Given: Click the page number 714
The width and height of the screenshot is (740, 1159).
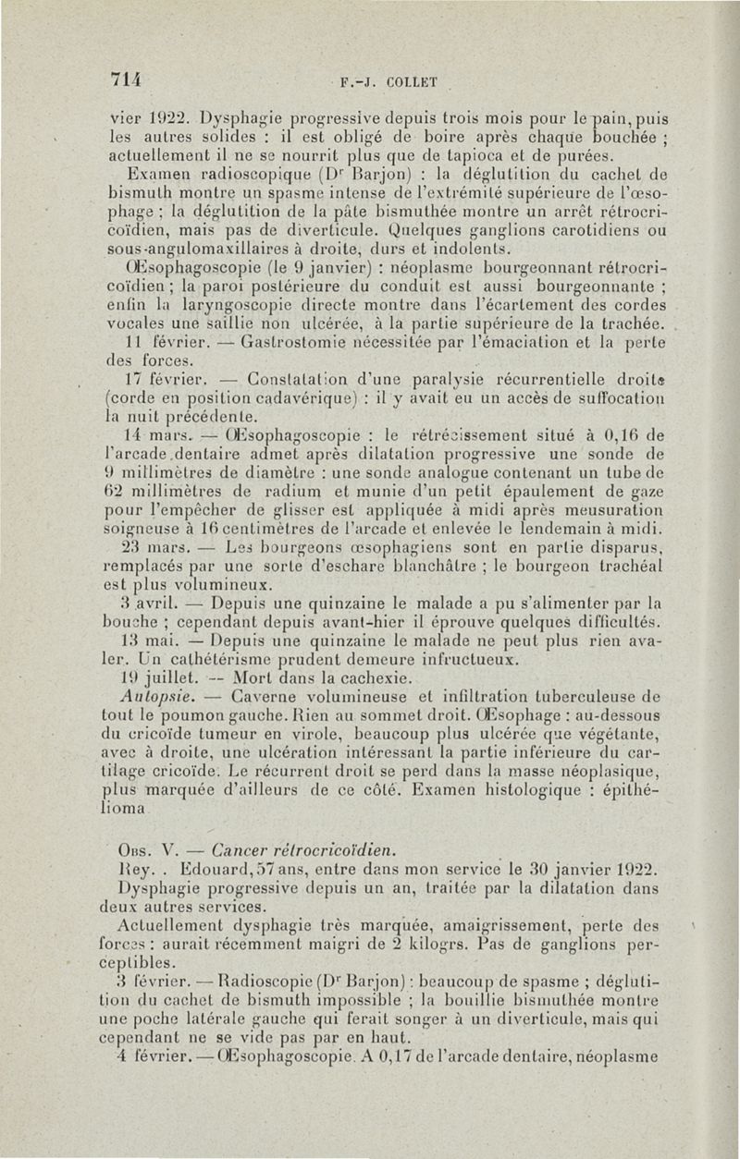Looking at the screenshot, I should click(x=124, y=79).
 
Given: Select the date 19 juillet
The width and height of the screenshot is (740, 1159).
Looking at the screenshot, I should click(x=154, y=673).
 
